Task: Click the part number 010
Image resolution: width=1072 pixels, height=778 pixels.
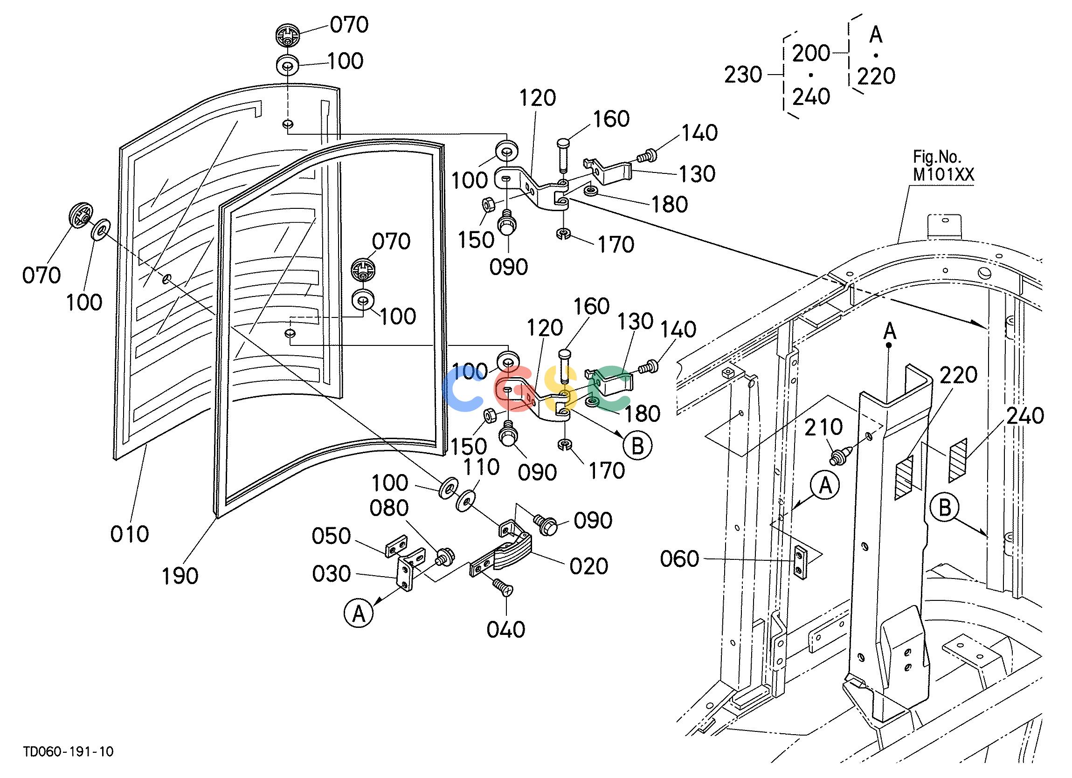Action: (130, 534)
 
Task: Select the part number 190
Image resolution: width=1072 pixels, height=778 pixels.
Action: (180, 576)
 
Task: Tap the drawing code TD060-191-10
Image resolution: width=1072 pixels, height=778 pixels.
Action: (69, 751)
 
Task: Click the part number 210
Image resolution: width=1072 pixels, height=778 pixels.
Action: (824, 427)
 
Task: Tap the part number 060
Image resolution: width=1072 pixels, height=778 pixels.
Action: (680, 559)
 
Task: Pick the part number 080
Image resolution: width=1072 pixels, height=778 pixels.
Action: (389, 509)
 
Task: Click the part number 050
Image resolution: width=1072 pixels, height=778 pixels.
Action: (331, 537)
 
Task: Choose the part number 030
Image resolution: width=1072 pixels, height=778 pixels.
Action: (332, 574)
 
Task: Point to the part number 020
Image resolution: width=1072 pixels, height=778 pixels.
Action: (588, 566)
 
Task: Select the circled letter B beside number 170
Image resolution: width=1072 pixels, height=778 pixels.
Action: (637, 446)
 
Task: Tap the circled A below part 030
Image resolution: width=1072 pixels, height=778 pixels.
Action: (359, 613)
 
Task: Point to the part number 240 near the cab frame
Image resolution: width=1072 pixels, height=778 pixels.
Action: (1025, 416)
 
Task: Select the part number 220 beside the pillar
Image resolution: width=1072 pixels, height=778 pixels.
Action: (959, 375)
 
